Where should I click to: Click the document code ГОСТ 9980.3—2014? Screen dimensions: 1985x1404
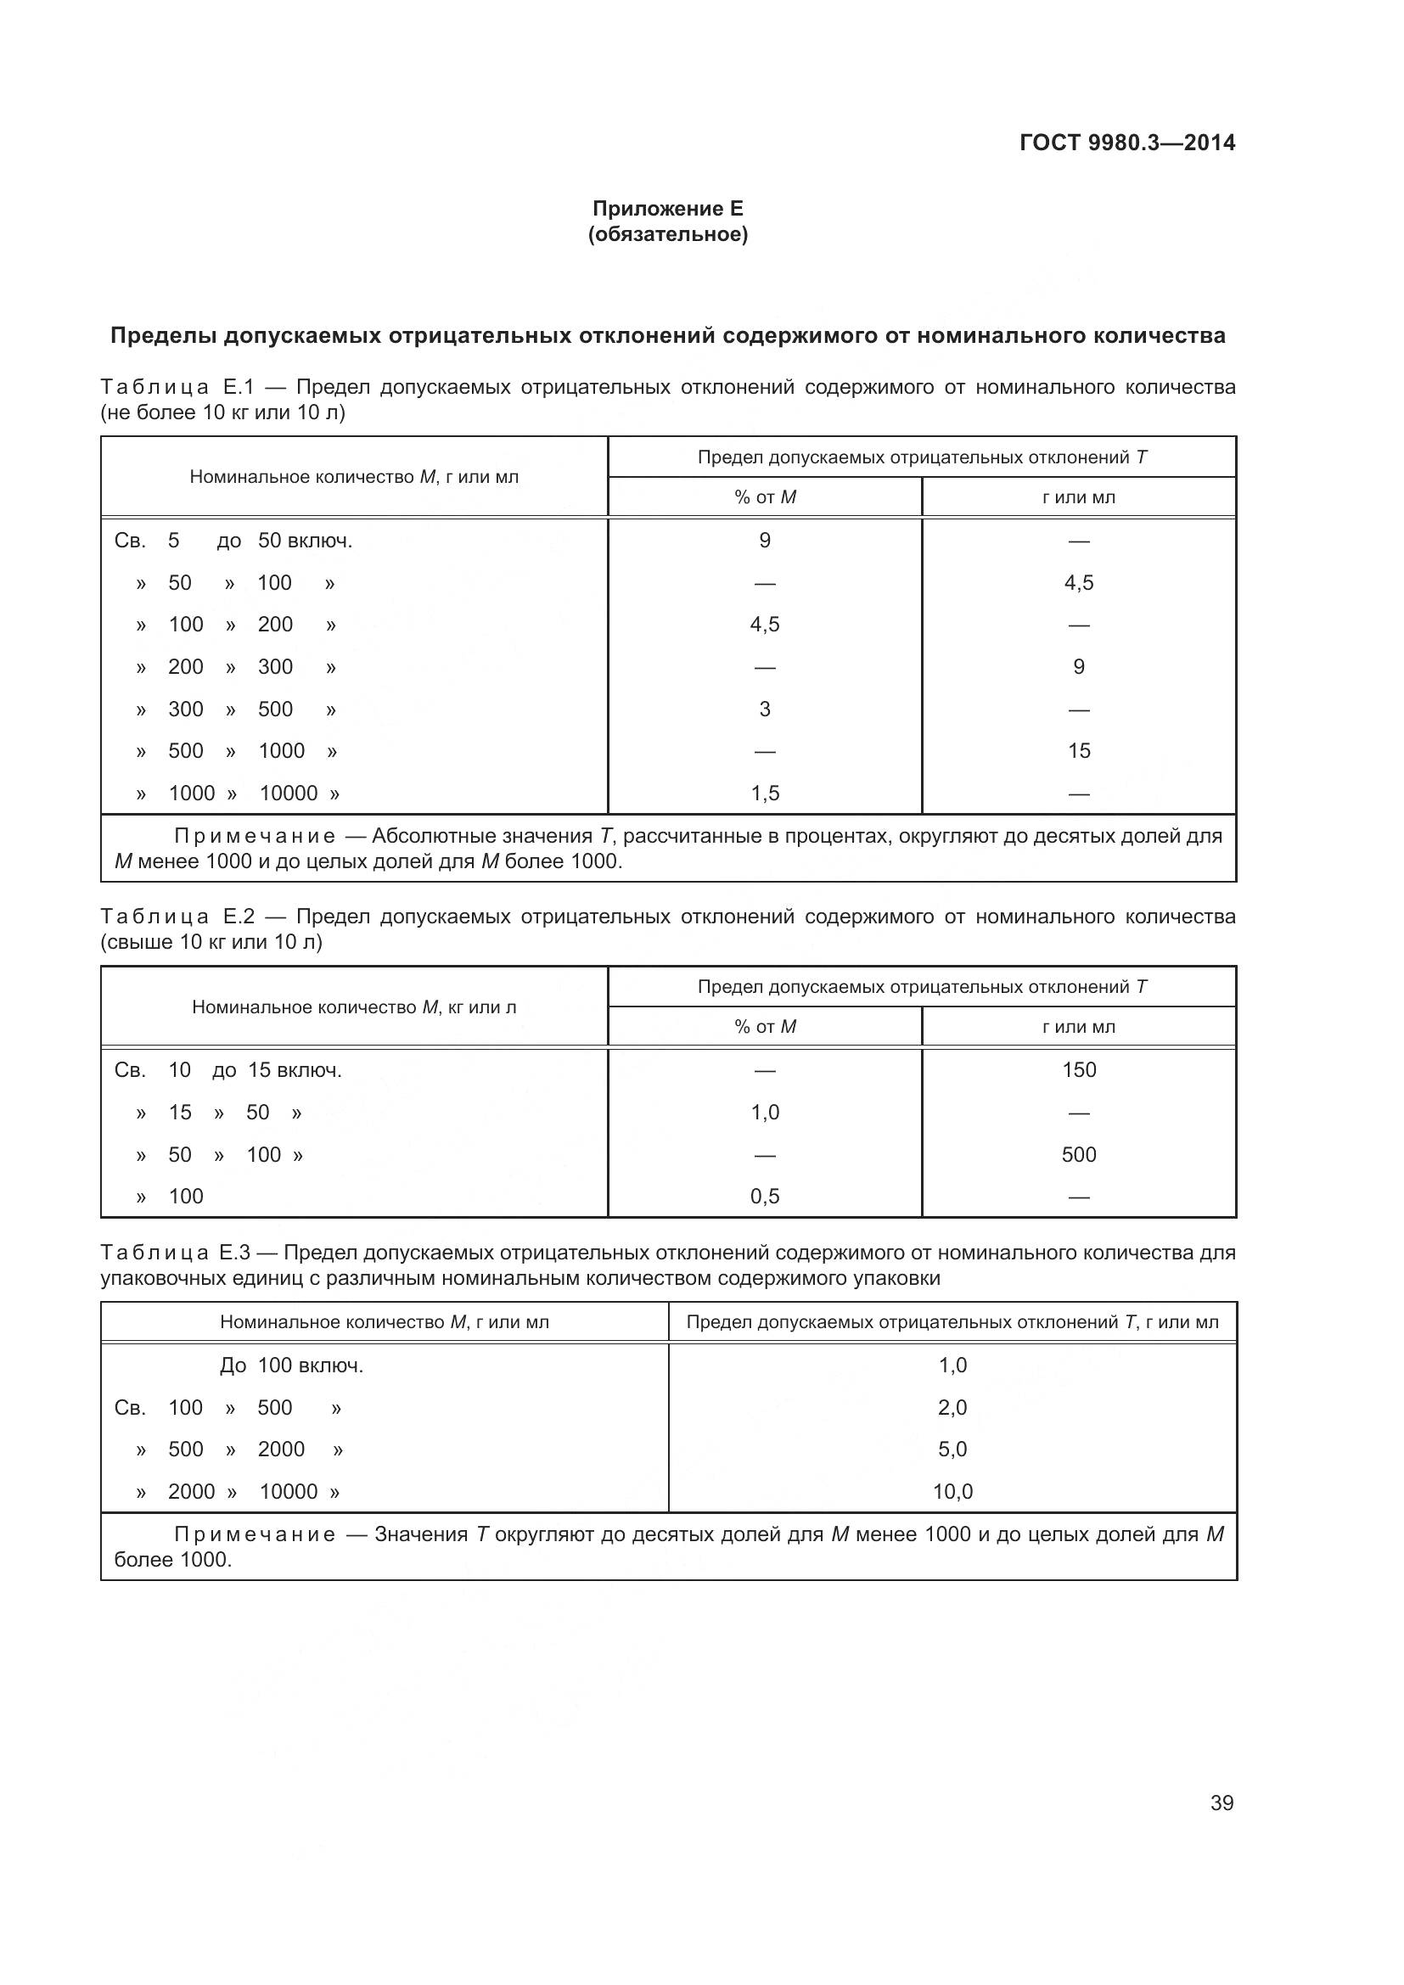[1126, 143]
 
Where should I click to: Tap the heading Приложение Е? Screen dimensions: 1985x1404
[667, 209]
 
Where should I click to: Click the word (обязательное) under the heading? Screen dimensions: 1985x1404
[667, 234]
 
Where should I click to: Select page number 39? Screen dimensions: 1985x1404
[1221, 1803]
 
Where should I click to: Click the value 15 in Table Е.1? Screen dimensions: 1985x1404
[1079, 750]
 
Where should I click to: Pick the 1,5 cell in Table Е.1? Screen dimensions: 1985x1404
[765, 793]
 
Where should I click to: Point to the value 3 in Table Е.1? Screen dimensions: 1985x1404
[765, 709]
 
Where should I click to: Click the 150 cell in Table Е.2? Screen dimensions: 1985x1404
[1079, 1069]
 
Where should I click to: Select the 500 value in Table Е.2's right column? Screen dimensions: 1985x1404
[1079, 1154]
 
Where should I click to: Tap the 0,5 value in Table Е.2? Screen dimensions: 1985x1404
[765, 1196]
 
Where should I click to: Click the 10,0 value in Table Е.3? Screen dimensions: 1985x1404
[952, 1490]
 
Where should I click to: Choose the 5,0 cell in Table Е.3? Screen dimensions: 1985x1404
[952, 1448]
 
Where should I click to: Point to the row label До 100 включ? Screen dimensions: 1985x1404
[291, 1365]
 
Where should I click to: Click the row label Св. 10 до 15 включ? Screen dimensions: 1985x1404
[228, 1070]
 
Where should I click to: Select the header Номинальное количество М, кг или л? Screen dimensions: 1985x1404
[354, 1007]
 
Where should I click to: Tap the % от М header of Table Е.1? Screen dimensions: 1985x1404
[765, 497]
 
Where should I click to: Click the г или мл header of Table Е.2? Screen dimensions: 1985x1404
[1079, 1027]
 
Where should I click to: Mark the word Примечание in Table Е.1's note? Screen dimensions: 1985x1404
[255, 836]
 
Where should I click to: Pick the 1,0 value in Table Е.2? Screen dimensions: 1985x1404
[765, 1112]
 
